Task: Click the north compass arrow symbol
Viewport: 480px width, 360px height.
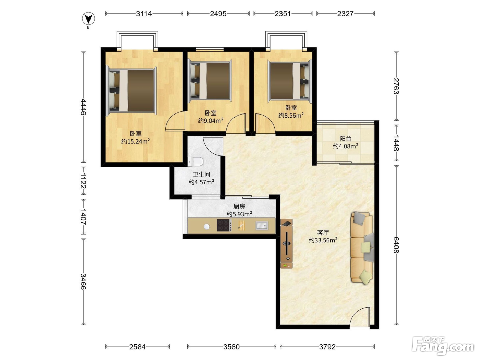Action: click(88, 19)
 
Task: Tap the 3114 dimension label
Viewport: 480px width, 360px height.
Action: click(144, 14)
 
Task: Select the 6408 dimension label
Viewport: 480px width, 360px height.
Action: click(396, 245)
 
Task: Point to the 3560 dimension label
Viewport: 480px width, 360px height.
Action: click(231, 347)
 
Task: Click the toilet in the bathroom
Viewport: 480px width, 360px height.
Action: click(195, 162)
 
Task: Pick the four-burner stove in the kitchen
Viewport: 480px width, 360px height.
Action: click(224, 225)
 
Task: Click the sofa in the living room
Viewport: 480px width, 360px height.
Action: click(362, 248)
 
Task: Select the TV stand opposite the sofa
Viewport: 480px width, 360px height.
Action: click(287, 243)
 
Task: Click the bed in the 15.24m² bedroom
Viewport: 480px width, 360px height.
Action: click(131, 91)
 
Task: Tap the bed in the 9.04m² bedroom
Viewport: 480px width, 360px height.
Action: click(210, 81)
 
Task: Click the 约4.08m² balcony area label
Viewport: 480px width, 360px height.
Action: click(346, 146)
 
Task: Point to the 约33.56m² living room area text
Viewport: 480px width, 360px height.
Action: click(323, 240)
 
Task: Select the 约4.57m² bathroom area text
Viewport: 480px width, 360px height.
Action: click(201, 182)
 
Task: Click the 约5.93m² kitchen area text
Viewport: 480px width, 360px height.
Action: click(239, 214)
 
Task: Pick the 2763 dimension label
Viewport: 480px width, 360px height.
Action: click(396, 86)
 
